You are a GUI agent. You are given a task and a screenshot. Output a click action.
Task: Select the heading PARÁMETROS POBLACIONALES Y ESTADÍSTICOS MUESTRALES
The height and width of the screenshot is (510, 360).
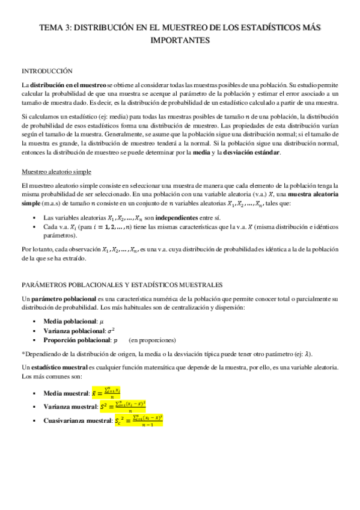pos(122,284)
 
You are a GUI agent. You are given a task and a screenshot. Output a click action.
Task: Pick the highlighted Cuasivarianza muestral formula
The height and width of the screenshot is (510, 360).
pos(138,404)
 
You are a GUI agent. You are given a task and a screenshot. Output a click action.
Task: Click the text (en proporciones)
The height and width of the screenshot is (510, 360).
pos(152,340)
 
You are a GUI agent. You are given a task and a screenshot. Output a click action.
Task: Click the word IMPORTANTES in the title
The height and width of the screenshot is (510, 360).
pos(180,41)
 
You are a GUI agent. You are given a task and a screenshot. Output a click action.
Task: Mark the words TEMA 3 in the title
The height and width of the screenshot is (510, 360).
pos(55,28)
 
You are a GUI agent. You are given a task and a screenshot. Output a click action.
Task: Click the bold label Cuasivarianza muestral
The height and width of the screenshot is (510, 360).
pos(78,404)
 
